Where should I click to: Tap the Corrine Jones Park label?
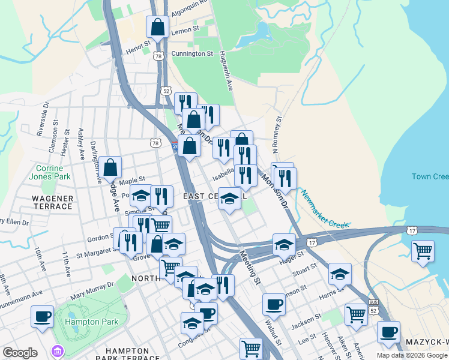[x=53, y=172]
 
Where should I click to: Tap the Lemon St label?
[x=185, y=29]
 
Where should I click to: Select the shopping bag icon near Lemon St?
[x=157, y=27]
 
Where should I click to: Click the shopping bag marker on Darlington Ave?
[x=110, y=167]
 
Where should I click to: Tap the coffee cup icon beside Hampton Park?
[x=42, y=316]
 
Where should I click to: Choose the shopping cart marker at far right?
[x=423, y=251]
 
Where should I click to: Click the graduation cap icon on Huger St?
[x=284, y=244]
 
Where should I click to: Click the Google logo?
[x=20, y=353]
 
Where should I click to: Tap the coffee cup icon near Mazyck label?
[x=388, y=332]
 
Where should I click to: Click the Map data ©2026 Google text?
[x=412, y=355]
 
